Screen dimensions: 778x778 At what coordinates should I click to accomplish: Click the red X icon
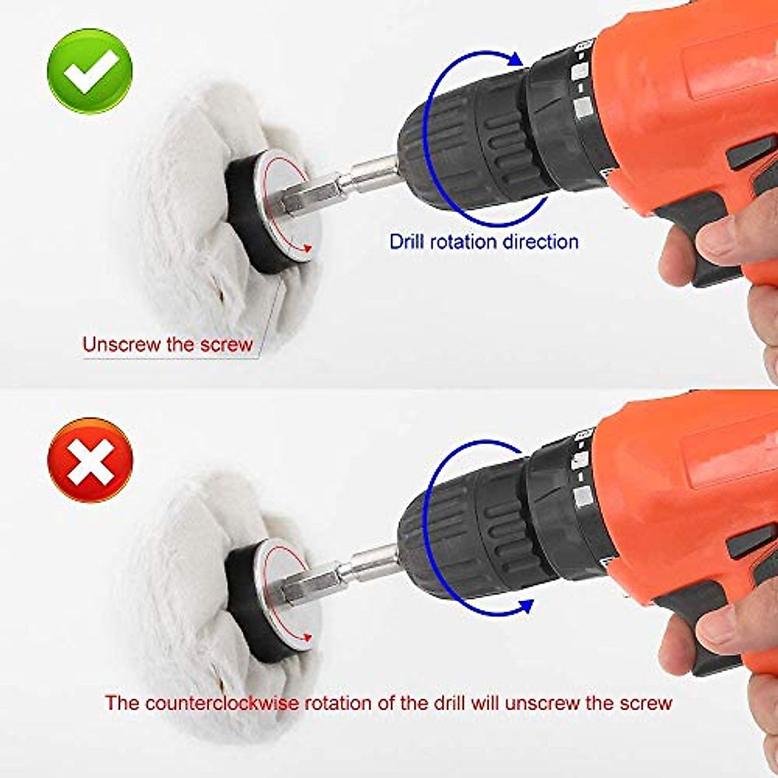[90, 460]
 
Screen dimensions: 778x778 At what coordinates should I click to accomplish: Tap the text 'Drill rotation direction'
[484, 242]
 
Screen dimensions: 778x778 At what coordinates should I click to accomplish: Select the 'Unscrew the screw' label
[167, 344]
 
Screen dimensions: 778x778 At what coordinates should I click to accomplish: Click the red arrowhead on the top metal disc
[307, 248]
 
